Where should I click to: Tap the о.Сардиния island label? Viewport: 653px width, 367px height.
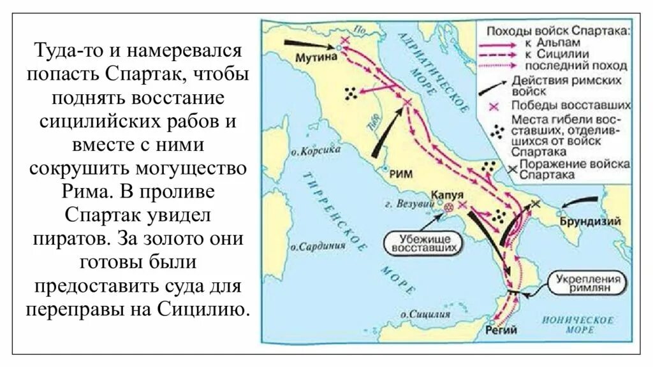click(313, 245)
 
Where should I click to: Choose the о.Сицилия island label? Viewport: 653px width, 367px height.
click(421, 314)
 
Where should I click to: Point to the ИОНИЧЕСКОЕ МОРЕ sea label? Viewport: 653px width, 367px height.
click(579, 324)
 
